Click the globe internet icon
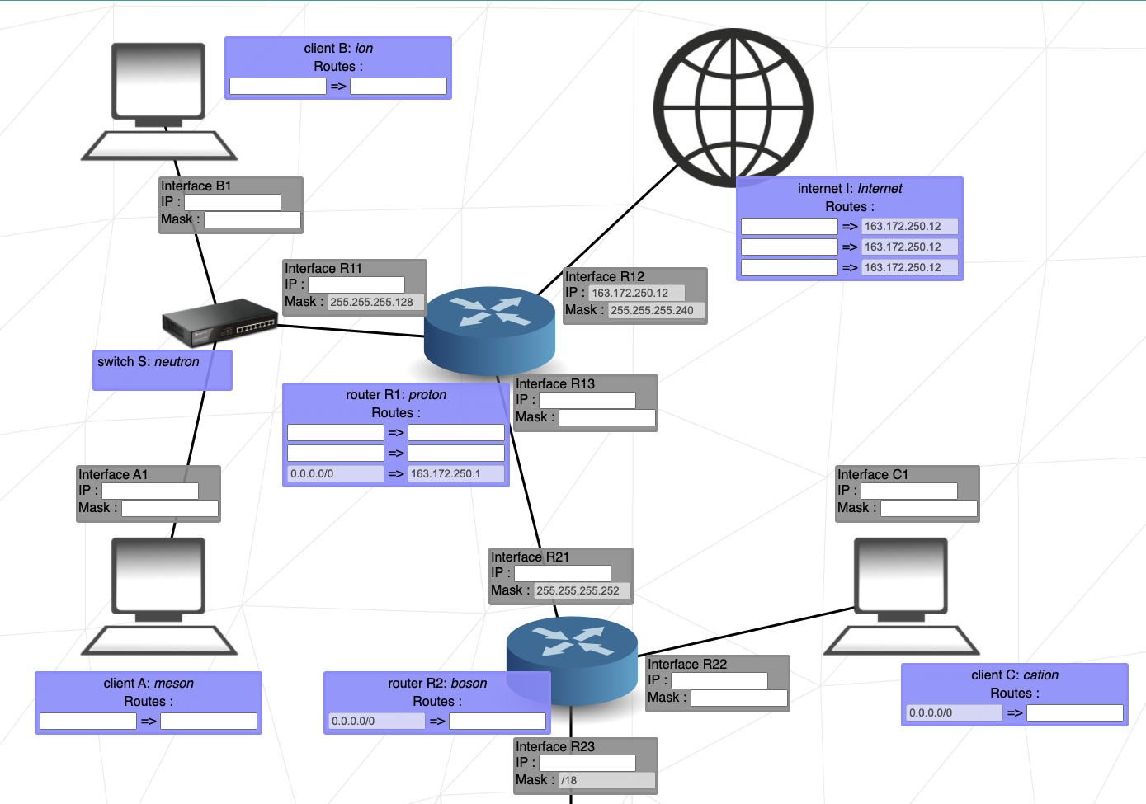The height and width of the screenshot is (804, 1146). tap(733, 108)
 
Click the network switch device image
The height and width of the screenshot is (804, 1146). tap(219, 322)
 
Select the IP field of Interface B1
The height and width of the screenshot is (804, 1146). tap(232, 202)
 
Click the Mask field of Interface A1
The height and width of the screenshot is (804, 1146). tap(170, 509)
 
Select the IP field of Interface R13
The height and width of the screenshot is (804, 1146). tap(587, 400)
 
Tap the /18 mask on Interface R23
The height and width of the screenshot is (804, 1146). tap(606, 780)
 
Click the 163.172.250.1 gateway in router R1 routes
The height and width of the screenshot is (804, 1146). tap(455, 474)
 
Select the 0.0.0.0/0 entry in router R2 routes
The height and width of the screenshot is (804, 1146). tap(376, 722)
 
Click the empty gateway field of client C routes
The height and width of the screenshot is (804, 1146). tap(1074, 713)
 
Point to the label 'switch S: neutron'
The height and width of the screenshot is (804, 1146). tap(149, 362)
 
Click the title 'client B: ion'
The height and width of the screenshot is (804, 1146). tap(338, 49)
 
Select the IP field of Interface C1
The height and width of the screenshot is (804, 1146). tap(908, 491)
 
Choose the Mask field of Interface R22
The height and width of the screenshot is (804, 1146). tap(739, 698)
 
